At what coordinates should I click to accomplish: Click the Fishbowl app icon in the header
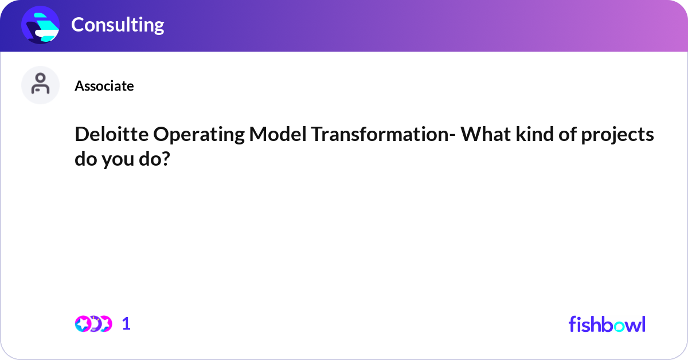pos(41,25)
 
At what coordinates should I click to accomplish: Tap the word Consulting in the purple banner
pos(118,25)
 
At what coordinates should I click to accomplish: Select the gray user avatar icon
pos(41,85)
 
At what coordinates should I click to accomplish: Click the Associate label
pos(104,86)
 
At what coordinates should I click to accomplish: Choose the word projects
pos(619,135)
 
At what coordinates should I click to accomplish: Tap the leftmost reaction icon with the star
pos(83,324)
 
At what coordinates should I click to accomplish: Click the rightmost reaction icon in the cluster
pos(105,324)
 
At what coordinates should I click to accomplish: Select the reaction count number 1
pos(126,324)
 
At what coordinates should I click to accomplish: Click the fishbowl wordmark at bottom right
pos(607,324)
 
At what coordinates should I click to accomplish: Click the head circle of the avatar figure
pos(41,79)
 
